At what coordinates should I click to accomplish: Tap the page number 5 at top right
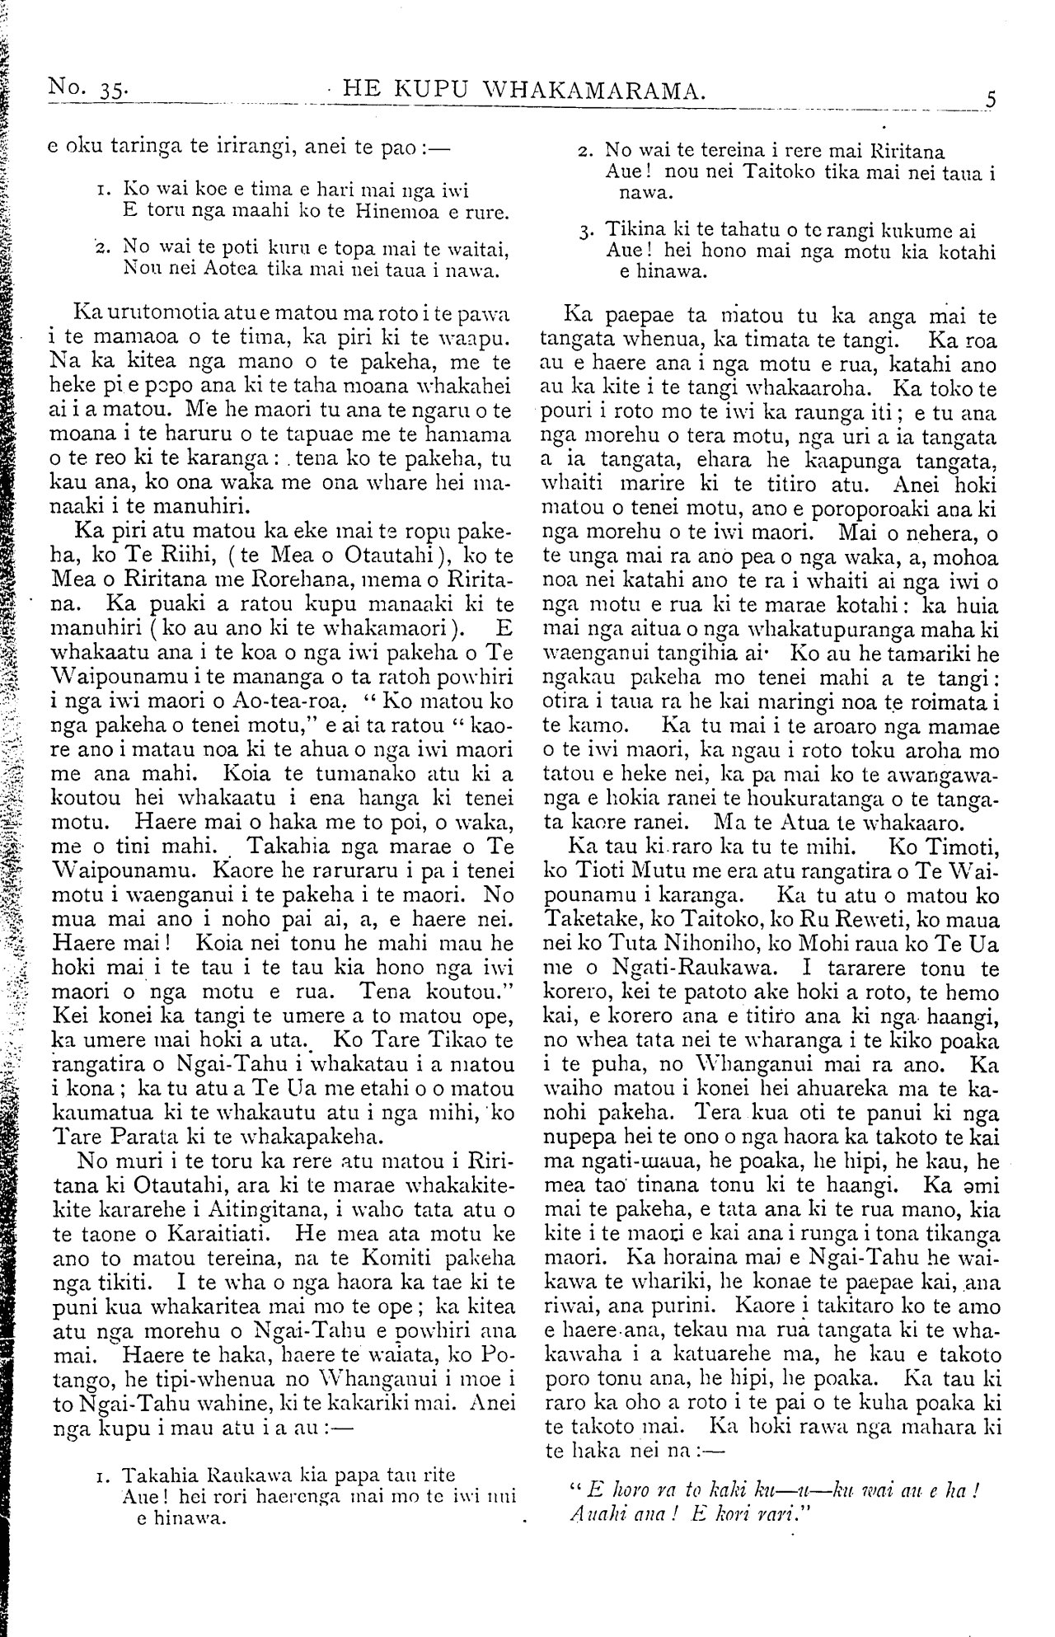point(991,100)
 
